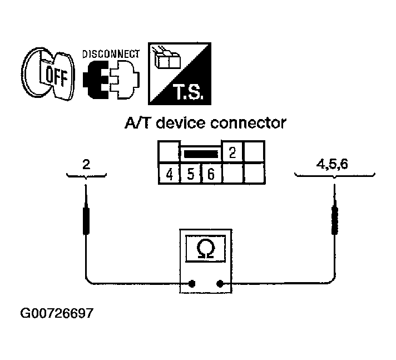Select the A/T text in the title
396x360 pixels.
(138, 124)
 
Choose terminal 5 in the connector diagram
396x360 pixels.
(190, 174)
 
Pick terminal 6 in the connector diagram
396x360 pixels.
(211, 174)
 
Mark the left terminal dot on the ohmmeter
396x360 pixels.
(191, 284)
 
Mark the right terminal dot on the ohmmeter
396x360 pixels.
(221, 284)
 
